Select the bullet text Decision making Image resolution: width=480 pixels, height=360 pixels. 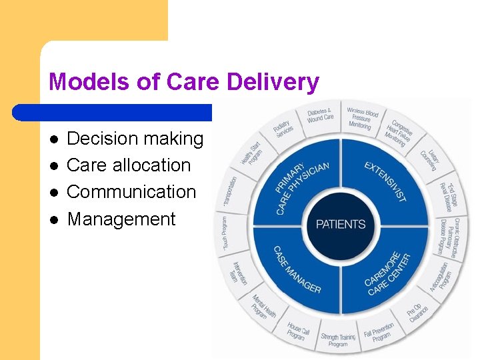135,139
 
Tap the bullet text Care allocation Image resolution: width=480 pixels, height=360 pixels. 129,165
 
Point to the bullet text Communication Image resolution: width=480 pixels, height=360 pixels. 131,192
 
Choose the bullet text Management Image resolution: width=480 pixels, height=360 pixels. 121,219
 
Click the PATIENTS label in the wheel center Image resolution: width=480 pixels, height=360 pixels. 341,223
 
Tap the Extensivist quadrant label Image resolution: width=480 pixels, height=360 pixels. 385,181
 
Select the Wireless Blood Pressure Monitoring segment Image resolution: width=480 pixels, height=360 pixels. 361,117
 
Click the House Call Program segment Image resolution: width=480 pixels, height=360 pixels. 297,331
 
